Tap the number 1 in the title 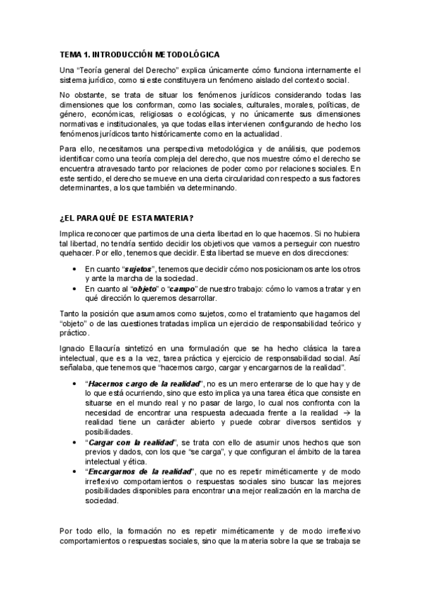tap(85, 54)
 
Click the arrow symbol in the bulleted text tap(332, 413)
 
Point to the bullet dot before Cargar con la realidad tap(75, 442)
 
